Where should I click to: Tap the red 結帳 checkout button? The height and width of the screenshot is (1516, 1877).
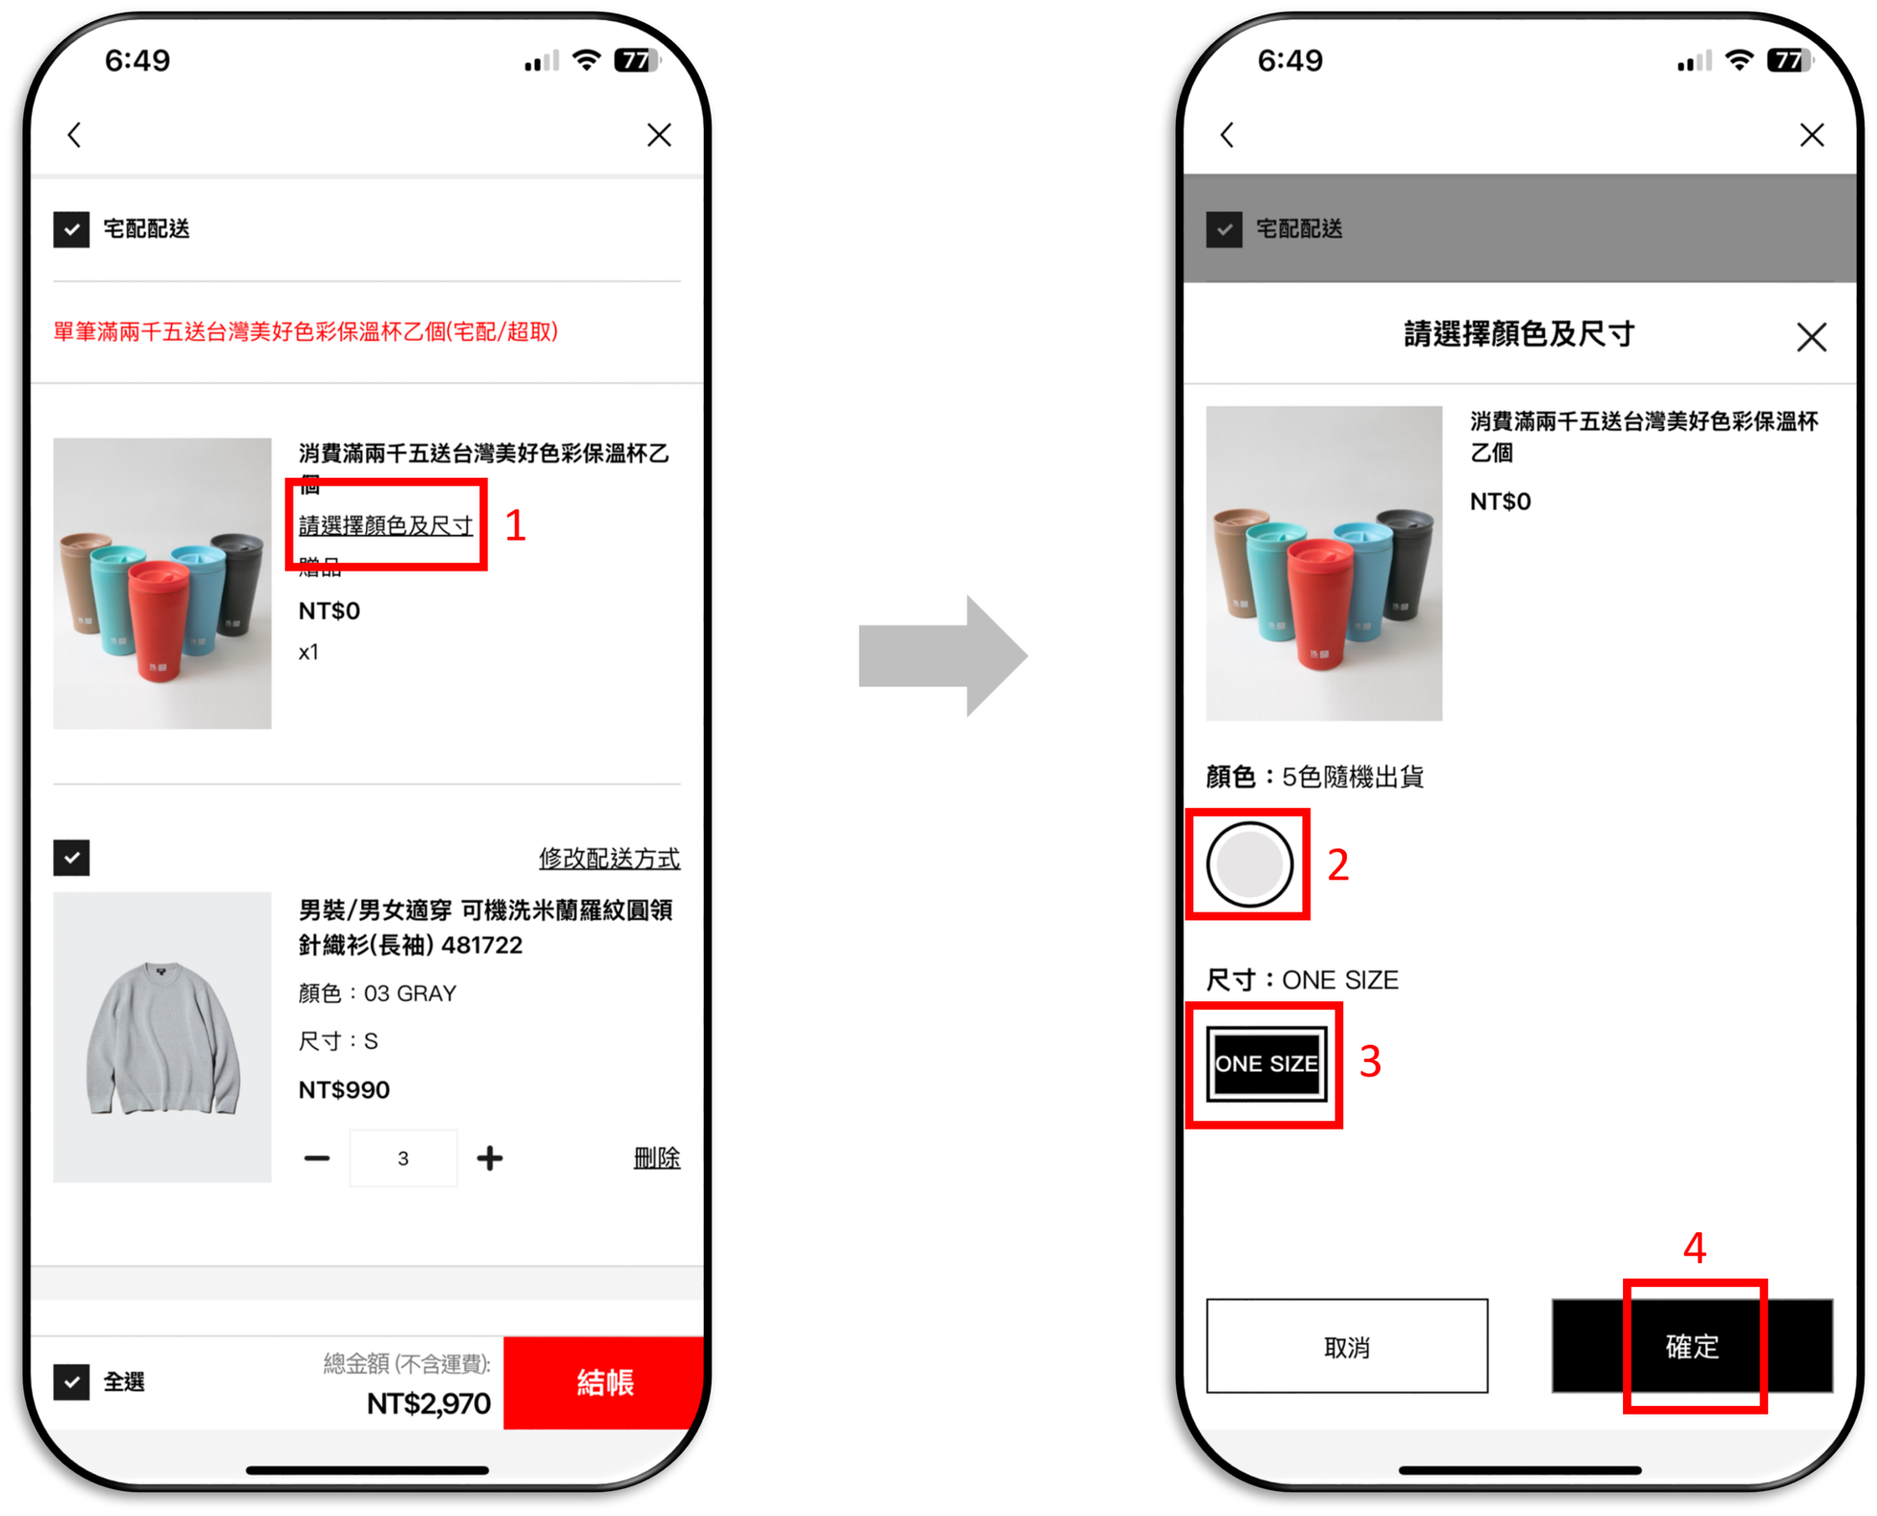click(604, 1383)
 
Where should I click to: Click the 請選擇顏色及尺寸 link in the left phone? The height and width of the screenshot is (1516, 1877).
click(385, 525)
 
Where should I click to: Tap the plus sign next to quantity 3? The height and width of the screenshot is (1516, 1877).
click(490, 1158)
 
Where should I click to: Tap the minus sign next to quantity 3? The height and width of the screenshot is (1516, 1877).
click(317, 1158)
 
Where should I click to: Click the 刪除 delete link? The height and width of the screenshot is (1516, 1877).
click(657, 1158)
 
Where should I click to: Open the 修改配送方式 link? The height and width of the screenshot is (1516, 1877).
click(609, 857)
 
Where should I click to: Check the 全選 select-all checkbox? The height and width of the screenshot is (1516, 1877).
click(71, 1382)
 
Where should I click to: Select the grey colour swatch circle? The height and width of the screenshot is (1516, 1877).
click(1249, 864)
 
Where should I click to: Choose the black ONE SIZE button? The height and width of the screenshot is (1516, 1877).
click(1266, 1063)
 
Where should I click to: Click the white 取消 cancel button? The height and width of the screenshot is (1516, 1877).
click(1346, 1346)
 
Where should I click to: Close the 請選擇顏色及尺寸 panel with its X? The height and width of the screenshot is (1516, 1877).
click(1811, 337)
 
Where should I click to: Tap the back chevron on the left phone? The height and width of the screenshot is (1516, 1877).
click(75, 134)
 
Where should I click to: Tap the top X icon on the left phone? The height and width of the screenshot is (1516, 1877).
click(659, 134)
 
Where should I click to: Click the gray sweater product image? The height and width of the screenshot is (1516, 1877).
click(162, 1038)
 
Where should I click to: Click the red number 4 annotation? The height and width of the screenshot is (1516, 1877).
click(1695, 1248)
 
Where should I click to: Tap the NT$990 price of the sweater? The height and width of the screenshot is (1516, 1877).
click(344, 1090)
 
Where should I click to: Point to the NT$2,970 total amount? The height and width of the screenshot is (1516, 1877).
click(429, 1403)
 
